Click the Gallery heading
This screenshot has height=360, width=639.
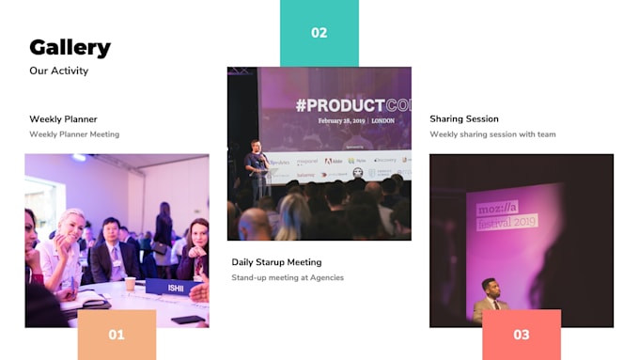click(70, 47)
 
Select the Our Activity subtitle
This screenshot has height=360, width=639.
click(58, 70)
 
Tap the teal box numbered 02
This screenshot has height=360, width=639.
click(319, 33)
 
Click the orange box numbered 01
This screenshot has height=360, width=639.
click(116, 335)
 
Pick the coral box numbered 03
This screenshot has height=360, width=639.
click(521, 335)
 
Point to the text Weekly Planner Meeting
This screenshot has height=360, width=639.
click(74, 134)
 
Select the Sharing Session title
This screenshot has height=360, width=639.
click(463, 119)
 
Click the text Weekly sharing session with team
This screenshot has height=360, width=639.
click(492, 134)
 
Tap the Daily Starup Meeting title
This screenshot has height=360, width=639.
click(276, 262)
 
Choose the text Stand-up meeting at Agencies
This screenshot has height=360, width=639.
click(288, 277)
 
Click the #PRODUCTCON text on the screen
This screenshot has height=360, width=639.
click(352, 104)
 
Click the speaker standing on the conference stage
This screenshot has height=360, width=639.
click(256, 169)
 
